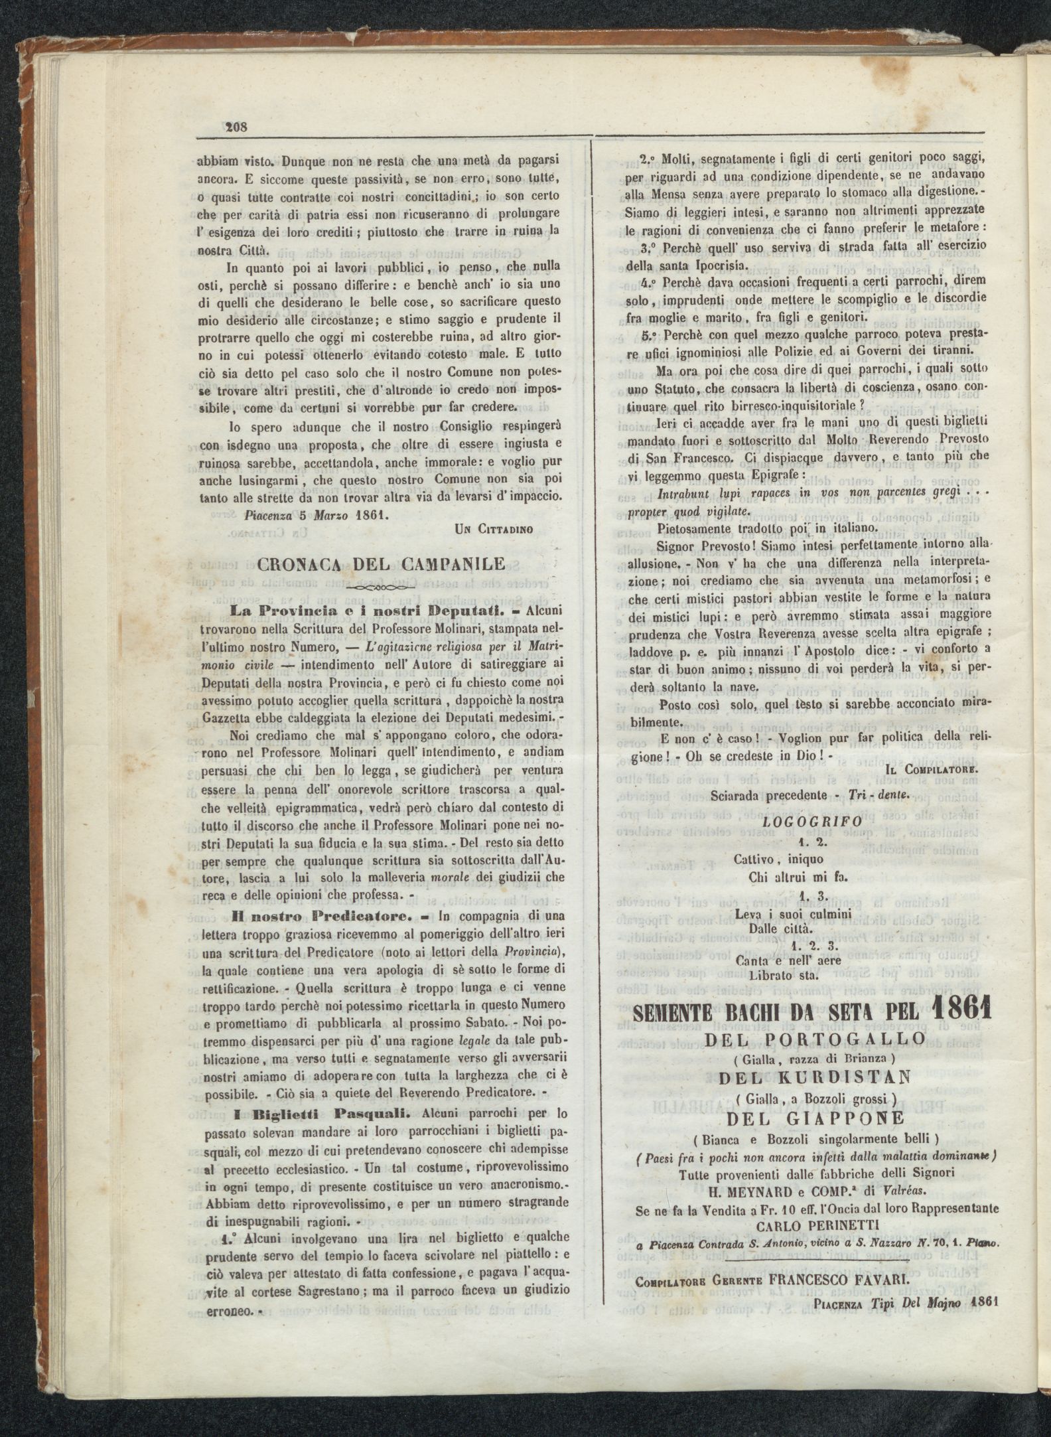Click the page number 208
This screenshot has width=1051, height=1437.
coord(234,127)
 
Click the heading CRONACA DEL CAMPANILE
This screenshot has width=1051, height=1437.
coord(380,565)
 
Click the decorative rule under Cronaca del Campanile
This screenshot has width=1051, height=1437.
coord(380,588)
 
